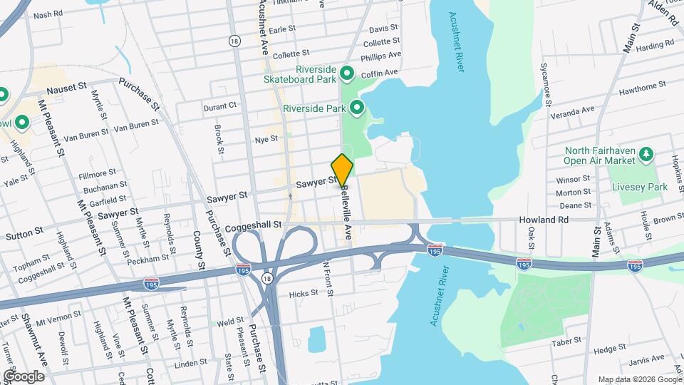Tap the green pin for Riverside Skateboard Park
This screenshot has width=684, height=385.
[x=348, y=73]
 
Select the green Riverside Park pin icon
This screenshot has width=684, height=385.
[x=357, y=108]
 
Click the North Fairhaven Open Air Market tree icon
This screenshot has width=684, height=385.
[x=646, y=154]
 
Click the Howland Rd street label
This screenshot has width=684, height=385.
[x=543, y=220]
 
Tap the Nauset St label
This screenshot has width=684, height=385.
[x=66, y=89]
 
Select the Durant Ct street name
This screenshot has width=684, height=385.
[x=219, y=106]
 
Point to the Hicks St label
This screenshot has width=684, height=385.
[x=304, y=294]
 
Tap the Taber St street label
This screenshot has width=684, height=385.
[x=567, y=342]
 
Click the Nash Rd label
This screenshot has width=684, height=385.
[x=48, y=14]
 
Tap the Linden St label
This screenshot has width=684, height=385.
[x=190, y=364]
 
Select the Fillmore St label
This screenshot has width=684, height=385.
[x=97, y=173]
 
